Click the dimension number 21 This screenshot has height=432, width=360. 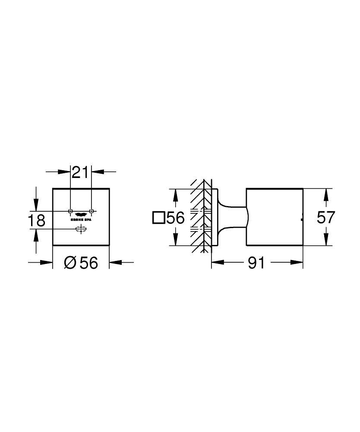click(x=80, y=172)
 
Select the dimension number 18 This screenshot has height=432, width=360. click(x=37, y=220)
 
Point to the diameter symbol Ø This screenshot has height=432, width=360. click(x=70, y=262)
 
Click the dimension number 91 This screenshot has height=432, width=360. click(x=256, y=262)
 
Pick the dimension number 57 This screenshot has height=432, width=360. click(x=326, y=217)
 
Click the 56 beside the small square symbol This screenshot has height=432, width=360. click(x=175, y=218)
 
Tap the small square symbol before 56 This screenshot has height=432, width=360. click(x=158, y=218)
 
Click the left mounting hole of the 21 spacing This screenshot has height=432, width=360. click(x=70, y=211)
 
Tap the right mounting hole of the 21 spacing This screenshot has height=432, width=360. click(x=91, y=211)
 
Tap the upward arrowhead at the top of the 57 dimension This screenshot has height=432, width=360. click(x=326, y=194)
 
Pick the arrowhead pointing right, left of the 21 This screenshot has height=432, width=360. click(x=65, y=172)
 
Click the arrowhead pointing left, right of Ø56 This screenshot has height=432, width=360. click(x=115, y=262)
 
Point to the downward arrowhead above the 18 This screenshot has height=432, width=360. click(x=37, y=205)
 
